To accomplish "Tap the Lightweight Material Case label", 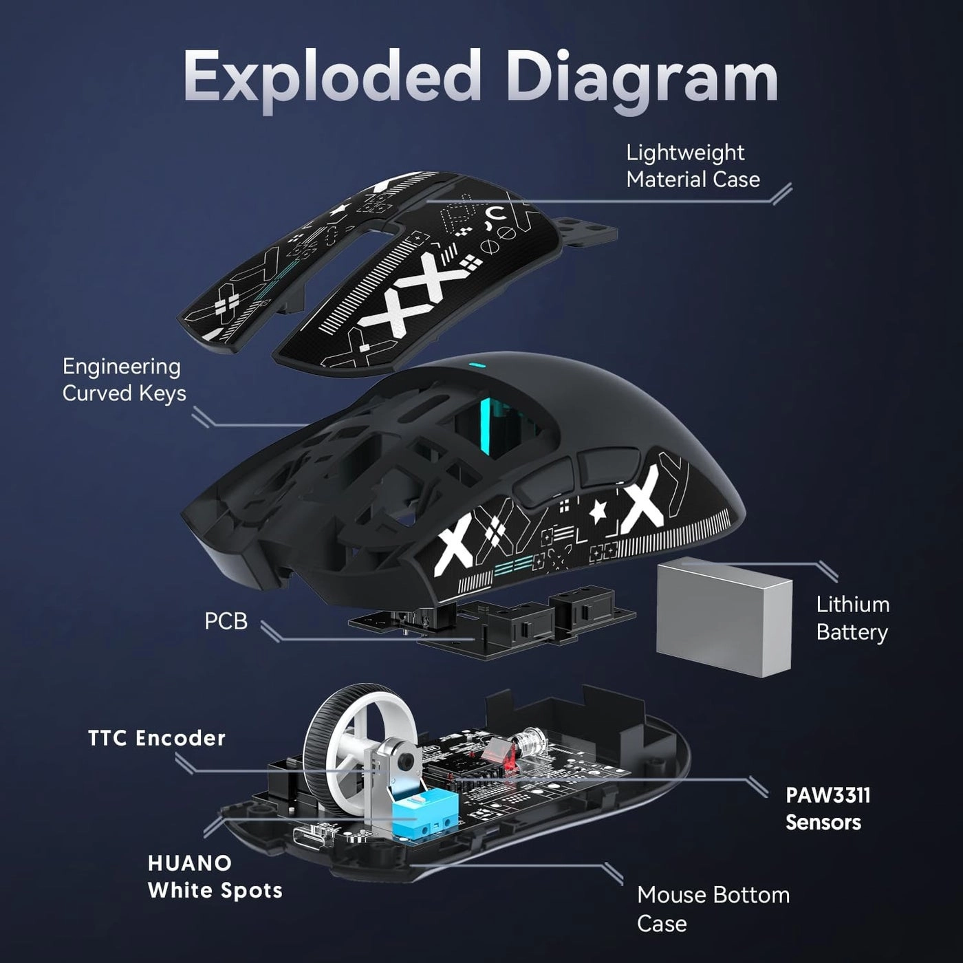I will pyautogui.click(x=693, y=166).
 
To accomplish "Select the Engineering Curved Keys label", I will pyautogui.click(x=124, y=380).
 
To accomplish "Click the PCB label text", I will pyautogui.click(x=226, y=621).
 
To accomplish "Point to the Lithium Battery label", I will pyautogui.click(x=852, y=618).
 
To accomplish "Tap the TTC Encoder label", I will pyautogui.click(x=157, y=738).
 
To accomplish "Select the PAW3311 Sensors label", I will pyautogui.click(x=827, y=808).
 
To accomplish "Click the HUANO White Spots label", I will pyautogui.click(x=215, y=876).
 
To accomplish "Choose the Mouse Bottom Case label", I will pyautogui.click(x=713, y=908).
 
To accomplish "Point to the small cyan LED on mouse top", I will pyautogui.click(x=473, y=365).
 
